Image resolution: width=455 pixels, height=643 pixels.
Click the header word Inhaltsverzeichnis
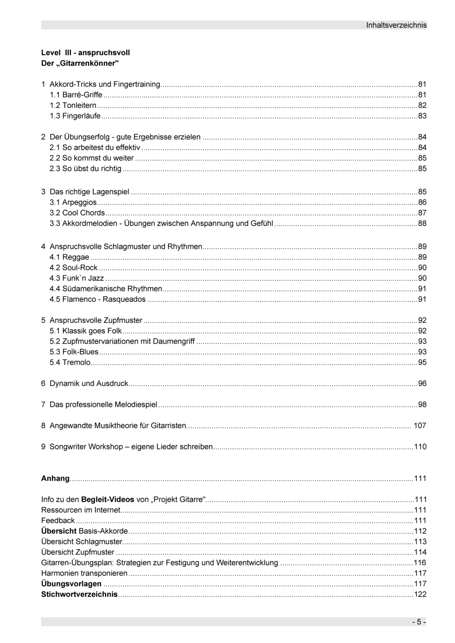(x=396, y=25)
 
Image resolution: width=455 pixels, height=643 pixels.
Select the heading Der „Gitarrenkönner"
(x=80, y=63)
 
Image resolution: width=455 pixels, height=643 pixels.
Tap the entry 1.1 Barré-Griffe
(x=76, y=95)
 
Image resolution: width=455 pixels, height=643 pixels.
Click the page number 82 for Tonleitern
(x=422, y=105)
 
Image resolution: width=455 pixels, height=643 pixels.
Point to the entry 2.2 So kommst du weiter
(x=92, y=158)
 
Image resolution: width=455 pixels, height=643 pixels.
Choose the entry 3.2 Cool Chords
(x=77, y=213)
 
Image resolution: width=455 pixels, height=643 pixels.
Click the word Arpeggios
(x=80, y=203)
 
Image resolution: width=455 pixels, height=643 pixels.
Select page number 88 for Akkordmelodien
(x=422, y=223)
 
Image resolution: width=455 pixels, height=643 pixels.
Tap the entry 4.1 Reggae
(x=70, y=257)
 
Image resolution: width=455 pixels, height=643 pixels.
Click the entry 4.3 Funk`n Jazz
(x=77, y=279)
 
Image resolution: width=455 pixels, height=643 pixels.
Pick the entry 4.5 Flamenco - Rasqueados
(x=98, y=299)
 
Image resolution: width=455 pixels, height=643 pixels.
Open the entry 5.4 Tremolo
(x=70, y=363)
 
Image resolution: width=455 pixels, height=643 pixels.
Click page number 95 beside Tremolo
(x=422, y=363)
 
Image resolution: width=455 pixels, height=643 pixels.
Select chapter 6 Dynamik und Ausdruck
(x=85, y=384)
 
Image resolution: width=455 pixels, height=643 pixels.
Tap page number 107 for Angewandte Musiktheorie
(x=420, y=426)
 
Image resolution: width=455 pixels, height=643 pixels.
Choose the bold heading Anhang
(x=55, y=478)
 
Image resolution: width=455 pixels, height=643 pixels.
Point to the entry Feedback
(x=58, y=521)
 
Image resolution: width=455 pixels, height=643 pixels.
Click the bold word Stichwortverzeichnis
(x=79, y=595)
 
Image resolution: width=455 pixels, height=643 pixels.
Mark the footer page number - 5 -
(x=419, y=622)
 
